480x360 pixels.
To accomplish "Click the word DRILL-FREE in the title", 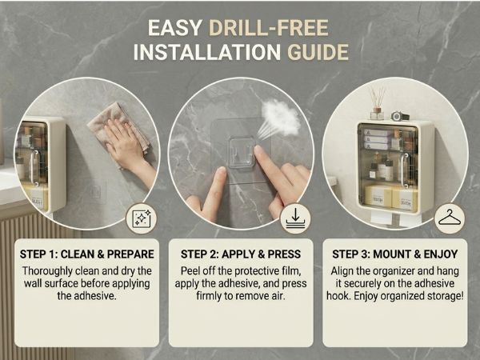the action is [x=269, y=28].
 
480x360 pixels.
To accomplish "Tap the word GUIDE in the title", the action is [x=318, y=52].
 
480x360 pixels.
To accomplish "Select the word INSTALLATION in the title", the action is [x=207, y=52].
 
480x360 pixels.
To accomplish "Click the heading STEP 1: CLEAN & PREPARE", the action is [x=87, y=254].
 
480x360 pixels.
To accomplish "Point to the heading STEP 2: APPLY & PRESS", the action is [x=241, y=254].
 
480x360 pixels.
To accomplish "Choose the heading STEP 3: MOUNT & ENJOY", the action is [x=395, y=254].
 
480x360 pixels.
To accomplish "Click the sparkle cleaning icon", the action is [x=142, y=218].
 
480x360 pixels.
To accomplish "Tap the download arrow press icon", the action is [x=295, y=218].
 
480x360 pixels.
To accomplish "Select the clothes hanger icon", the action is [x=450, y=218].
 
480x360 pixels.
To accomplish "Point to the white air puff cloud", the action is [x=280, y=118].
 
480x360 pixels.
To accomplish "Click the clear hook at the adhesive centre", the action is [x=242, y=152].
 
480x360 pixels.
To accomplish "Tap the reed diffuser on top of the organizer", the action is [x=377, y=103].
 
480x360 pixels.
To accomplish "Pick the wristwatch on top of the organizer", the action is [x=400, y=116].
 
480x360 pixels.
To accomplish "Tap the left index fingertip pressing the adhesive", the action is [x=221, y=172].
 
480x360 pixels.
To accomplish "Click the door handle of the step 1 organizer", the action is [x=34, y=168].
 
